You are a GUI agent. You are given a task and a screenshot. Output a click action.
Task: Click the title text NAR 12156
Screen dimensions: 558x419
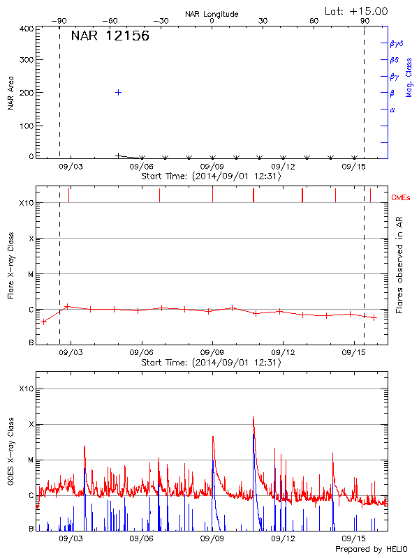click(110, 36)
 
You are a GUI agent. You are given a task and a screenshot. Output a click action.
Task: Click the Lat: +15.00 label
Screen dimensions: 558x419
click(356, 10)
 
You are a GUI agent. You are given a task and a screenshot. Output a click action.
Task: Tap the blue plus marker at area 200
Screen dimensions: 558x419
click(119, 92)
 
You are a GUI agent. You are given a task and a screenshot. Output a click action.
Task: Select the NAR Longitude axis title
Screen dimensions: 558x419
click(212, 13)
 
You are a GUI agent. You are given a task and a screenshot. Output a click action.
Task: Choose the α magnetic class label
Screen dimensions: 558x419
click(392, 110)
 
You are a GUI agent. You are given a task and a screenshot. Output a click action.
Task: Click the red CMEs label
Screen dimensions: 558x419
click(403, 198)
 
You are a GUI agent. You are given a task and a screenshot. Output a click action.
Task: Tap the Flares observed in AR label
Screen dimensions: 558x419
click(399, 265)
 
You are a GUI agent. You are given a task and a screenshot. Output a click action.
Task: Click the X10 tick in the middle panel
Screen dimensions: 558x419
click(27, 203)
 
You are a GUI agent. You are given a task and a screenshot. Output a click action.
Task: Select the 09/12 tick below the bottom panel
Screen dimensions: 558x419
click(283, 538)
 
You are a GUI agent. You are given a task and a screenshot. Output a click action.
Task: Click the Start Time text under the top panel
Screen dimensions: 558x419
click(211, 176)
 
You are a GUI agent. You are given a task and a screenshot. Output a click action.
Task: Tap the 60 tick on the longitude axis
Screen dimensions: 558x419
click(314, 22)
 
